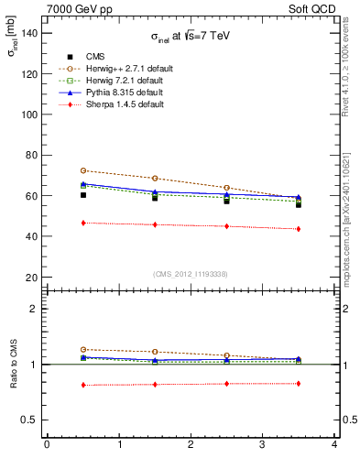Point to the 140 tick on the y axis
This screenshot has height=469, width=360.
[x=28, y=34]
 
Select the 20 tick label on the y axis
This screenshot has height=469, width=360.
[x=31, y=277]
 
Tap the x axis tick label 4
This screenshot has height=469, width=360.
[x=334, y=446]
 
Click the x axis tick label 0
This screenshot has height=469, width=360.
[x=47, y=446]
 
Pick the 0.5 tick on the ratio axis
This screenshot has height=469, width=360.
[x=30, y=420]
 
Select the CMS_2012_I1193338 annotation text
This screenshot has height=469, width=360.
[x=191, y=274]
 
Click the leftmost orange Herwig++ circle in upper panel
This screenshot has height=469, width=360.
[x=83, y=170]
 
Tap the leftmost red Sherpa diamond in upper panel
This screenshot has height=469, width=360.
[x=83, y=223]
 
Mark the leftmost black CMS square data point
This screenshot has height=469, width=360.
[x=83, y=194]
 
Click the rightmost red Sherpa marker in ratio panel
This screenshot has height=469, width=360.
[x=299, y=383]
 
